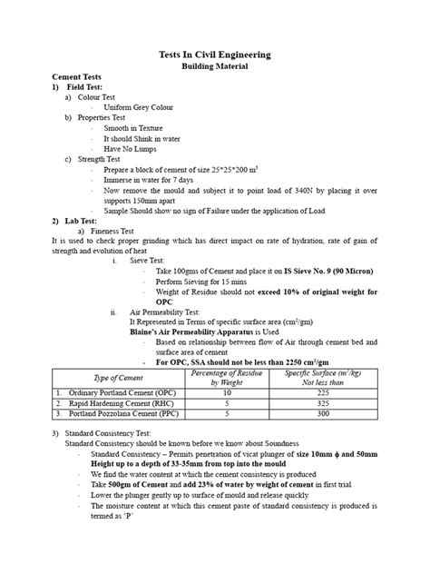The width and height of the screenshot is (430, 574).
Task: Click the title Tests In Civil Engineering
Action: coord(215,55)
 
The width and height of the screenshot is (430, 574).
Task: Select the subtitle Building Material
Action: coord(215,67)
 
